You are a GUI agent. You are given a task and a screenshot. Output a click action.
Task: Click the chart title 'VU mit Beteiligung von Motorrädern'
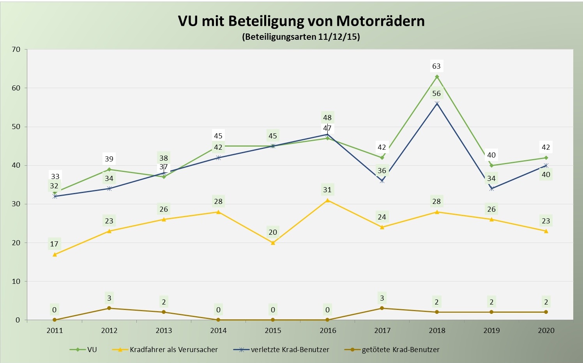tap(301, 21)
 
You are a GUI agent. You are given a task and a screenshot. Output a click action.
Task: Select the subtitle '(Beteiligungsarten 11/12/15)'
tap(301, 37)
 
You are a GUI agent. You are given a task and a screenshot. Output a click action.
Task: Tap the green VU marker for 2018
tap(437, 76)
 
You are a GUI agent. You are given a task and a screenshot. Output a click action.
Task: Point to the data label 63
tap(436, 66)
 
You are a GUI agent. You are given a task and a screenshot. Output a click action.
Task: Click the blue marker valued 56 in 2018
tap(437, 103)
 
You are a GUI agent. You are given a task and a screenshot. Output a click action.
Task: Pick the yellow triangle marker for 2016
tap(327, 200)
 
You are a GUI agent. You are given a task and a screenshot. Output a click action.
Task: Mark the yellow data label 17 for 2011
tap(54, 244)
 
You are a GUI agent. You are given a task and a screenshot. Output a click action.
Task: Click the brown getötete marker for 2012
tap(109, 308)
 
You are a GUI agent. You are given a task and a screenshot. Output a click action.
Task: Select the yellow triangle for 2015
tap(273, 243)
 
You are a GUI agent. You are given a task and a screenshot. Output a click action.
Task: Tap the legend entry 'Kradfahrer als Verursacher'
tap(174, 350)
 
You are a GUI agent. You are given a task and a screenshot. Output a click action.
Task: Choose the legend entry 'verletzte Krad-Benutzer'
tap(290, 350)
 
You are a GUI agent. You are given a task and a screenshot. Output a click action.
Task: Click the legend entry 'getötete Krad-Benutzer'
tap(400, 350)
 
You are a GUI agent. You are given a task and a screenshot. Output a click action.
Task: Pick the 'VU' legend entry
tap(92, 350)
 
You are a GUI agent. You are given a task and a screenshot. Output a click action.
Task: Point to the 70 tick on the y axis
tap(16, 50)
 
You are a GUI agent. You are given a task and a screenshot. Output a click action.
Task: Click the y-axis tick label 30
tap(16, 204)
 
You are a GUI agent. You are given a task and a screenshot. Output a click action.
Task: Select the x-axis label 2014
tap(218, 331)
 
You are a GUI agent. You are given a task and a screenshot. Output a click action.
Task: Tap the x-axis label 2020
tap(546, 331)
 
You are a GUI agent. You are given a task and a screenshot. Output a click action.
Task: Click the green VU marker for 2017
tap(382, 158)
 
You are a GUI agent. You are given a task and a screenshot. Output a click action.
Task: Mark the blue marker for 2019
tap(491, 189)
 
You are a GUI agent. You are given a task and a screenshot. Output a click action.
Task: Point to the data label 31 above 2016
tap(327, 190)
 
